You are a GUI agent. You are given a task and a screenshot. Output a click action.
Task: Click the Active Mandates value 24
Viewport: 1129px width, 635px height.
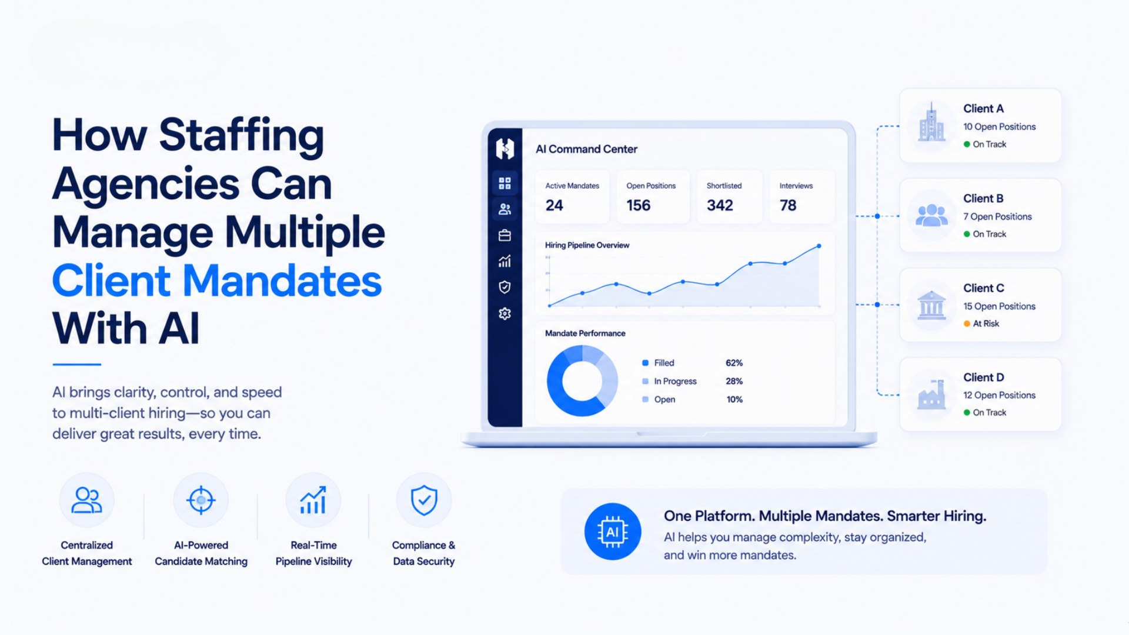[x=554, y=205]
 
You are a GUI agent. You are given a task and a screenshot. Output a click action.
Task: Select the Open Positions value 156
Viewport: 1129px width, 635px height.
[x=638, y=205]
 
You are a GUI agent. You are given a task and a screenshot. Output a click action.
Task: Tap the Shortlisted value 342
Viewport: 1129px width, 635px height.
[x=720, y=205]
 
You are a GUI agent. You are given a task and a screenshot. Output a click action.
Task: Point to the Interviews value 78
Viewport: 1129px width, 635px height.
[x=788, y=205]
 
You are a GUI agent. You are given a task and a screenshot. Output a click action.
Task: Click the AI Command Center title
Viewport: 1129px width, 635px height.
[x=586, y=149]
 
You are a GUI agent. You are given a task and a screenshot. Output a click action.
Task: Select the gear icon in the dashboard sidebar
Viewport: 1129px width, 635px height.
[x=505, y=313]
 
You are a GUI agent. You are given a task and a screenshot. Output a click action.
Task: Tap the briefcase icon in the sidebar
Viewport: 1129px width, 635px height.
[x=505, y=235]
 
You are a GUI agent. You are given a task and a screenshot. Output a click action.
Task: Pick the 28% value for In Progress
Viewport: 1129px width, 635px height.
[x=734, y=381]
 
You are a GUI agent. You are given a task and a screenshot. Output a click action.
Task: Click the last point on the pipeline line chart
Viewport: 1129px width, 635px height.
[x=819, y=246]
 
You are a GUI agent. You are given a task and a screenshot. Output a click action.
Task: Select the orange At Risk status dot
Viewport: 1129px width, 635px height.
[x=967, y=323]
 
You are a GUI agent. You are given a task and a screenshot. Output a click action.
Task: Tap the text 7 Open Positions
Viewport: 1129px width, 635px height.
[x=997, y=216]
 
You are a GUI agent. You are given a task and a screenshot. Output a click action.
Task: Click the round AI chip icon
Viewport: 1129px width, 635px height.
[x=613, y=532]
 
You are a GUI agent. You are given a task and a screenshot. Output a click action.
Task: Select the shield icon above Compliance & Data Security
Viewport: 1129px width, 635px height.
[x=424, y=500]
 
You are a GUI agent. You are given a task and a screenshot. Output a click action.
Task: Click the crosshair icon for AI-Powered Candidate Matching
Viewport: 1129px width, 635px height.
[x=201, y=500]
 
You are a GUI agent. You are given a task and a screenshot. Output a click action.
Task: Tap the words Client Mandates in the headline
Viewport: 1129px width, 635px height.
[x=217, y=280]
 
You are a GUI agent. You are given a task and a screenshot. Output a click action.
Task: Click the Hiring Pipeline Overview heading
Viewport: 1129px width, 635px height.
[x=587, y=245]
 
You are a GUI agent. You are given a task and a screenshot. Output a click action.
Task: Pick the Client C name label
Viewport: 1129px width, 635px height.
[x=984, y=288]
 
